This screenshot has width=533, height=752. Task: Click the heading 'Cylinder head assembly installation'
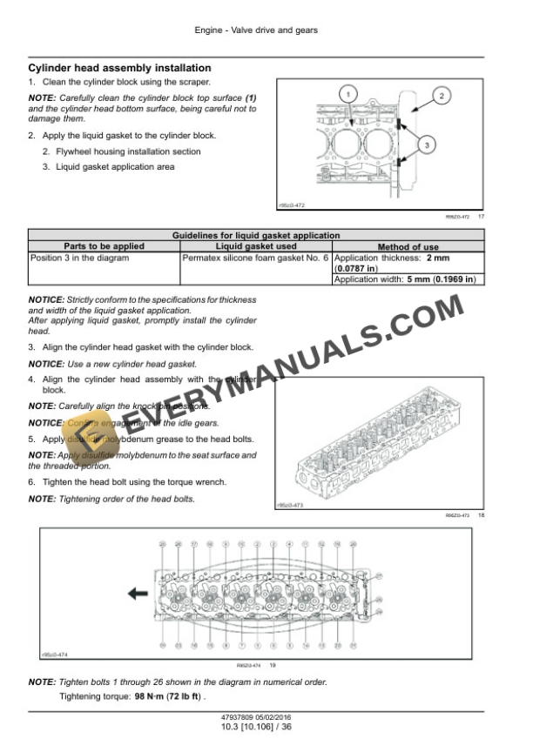(x=119, y=67)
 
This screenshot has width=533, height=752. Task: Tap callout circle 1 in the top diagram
(x=347, y=95)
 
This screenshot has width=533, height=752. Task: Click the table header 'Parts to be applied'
(x=104, y=247)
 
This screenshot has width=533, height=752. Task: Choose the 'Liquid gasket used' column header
(x=256, y=247)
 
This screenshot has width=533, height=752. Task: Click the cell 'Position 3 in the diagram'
(x=79, y=258)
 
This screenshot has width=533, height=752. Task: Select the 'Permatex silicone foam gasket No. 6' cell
(x=256, y=258)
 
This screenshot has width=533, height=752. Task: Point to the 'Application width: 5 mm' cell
(x=405, y=279)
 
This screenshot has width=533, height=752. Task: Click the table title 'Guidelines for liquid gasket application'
(x=256, y=236)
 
